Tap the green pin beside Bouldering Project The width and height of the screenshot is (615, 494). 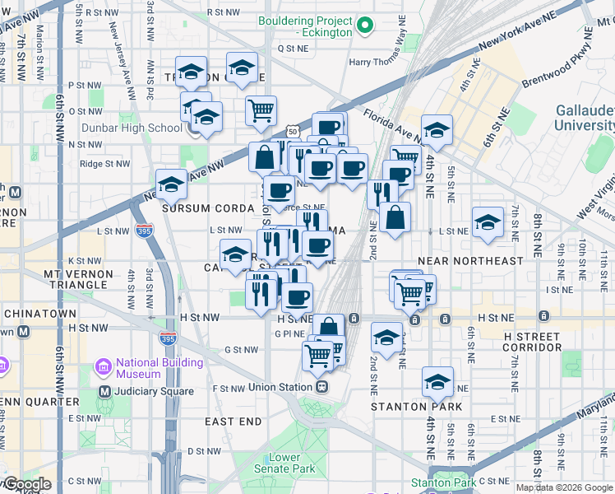pyautogui.click(x=366, y=27)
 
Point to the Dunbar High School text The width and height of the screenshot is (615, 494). pyautogui.click(x=132, y=128)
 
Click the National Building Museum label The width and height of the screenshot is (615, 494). pyautogui.click(x=159, y=368)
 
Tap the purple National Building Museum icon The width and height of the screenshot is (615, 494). pyautogui.click(x=104, y=366)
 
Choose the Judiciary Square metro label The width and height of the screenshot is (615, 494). pyautogui.click(x=149, y=391)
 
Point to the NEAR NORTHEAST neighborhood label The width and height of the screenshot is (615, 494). pyautogui.click(x=470, y=261)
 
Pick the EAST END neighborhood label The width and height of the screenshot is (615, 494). pyautogui.click(x=234, y=422)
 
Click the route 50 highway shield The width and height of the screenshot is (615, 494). pyautogui.click(x=293, y=132)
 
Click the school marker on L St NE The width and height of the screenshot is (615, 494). pyautogui.click(x=488, y=222)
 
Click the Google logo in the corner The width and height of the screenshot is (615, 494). pyautogui.click(x=26, y=484)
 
